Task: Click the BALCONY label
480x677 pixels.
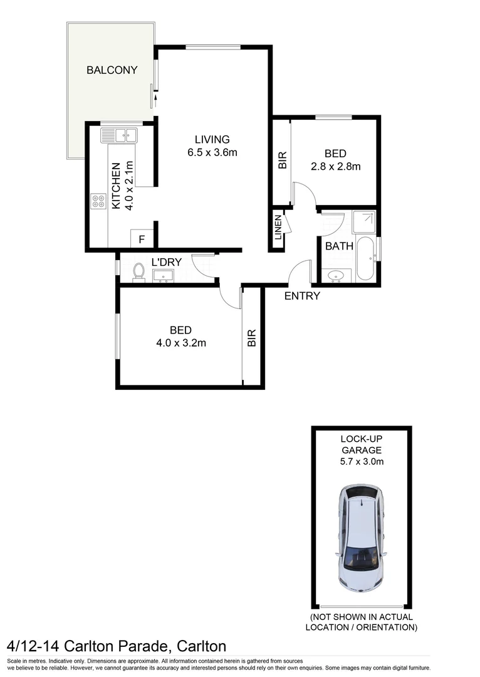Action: [112, 70]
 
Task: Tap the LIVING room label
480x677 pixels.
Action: [212, 140]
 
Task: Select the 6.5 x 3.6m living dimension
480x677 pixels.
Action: [212, 153]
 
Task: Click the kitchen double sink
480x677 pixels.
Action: [118, 135]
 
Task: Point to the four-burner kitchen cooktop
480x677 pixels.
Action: [98, 201]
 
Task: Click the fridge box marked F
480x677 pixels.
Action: [142, 239]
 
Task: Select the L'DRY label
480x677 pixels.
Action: [164, 263]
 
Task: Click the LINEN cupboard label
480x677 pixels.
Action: [278, 228]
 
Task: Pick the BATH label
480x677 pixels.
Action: [339, 246]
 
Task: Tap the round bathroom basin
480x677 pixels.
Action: [338, 275]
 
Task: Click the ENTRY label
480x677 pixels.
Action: [302, 296]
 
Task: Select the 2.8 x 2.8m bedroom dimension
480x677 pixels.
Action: [335, 167]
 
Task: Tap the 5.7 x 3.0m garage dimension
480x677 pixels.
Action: [362, 462]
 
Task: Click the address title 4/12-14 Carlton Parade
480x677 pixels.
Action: [116, 646]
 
